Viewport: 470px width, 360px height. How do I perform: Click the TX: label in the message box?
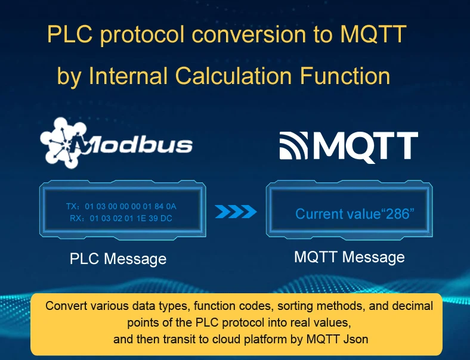tap(73, 206)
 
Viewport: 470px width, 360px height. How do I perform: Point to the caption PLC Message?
tap(118, 259)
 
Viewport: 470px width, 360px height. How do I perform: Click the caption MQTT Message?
tap(350, 257)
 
